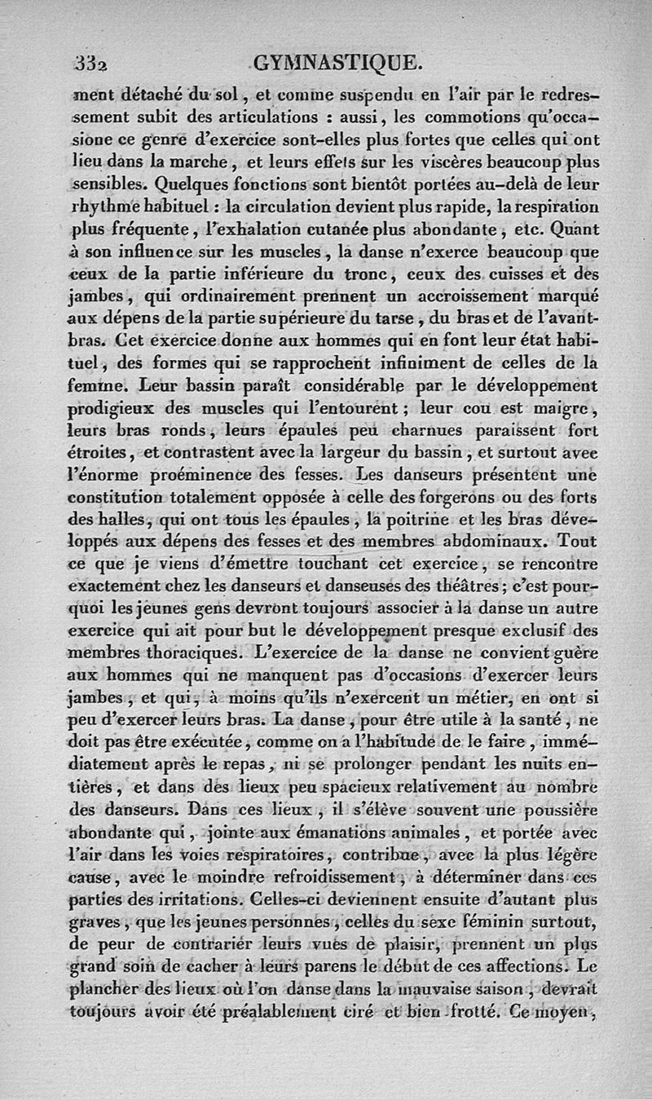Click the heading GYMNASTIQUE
[337, 62]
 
